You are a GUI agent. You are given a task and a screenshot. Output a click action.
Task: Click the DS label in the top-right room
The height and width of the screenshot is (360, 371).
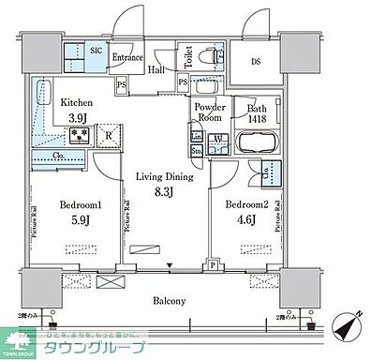256,64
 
